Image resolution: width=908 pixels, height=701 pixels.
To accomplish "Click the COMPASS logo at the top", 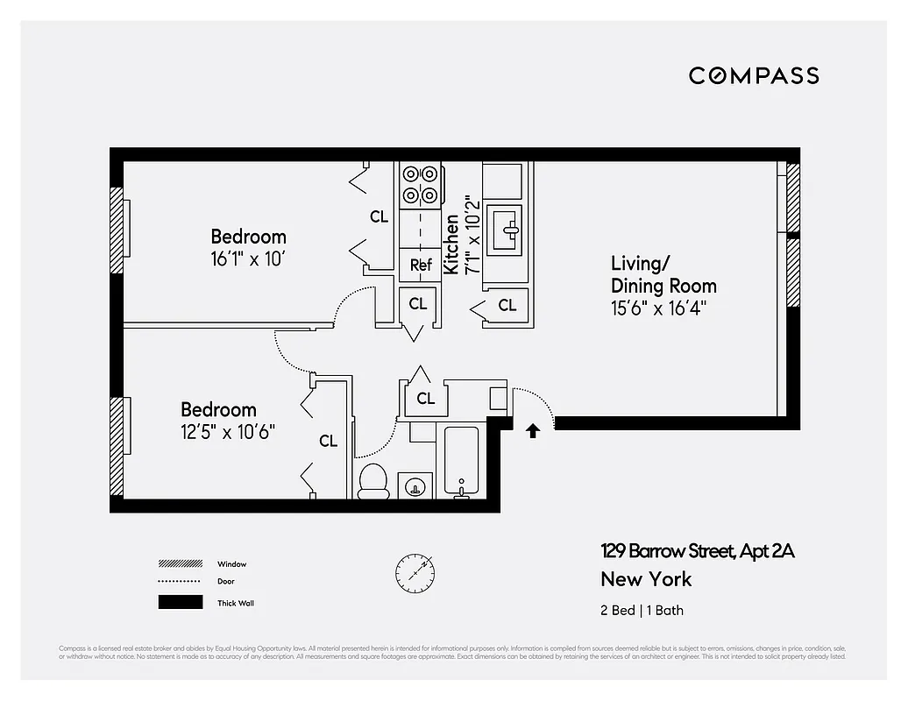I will [754, 75].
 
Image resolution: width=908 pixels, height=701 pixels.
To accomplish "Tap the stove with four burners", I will [421, 185].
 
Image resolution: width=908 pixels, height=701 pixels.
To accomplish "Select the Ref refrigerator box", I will [421, 265].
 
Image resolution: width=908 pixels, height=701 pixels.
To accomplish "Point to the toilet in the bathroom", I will [373, 481].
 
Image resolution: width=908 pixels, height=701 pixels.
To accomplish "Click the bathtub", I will [461, 462].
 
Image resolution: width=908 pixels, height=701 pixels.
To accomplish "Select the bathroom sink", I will [415, 485].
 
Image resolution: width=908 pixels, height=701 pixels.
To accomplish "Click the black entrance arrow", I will [532, 430].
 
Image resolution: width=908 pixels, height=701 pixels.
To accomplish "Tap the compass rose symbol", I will [415, 573].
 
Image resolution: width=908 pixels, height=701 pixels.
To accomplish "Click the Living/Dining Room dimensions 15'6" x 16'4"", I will [659, 308].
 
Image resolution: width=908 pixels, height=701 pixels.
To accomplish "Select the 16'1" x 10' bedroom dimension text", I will [248, 259].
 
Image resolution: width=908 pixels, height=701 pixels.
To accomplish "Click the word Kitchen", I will [451, 244].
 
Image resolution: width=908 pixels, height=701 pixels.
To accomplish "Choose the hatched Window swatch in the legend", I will [181, 564].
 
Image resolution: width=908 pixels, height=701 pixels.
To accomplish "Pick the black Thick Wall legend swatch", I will [181, 603].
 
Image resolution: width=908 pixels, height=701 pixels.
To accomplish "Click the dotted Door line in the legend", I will [181, 582].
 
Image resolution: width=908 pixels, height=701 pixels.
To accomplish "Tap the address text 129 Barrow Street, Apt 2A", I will [698, 551].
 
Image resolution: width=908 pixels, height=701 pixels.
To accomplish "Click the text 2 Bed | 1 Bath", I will [642, 611].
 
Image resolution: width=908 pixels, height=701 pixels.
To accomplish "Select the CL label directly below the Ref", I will [418, 304].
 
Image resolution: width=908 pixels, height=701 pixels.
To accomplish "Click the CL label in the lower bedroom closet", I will [328, 441].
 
